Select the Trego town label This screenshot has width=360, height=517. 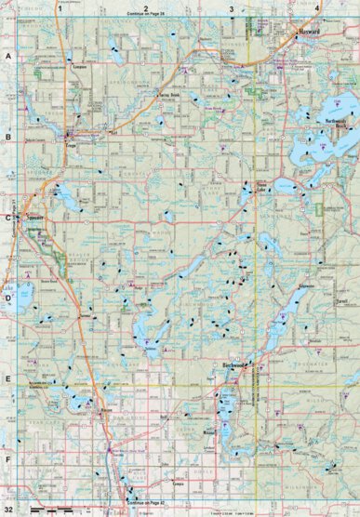click(70, 147)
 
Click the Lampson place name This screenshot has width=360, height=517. click(78, 67)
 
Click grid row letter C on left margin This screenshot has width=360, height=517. click(7, 218)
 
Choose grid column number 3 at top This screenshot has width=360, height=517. click(231, 7)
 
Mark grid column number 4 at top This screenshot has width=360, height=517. click(316, 7)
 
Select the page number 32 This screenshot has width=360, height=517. click(8, 510)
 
